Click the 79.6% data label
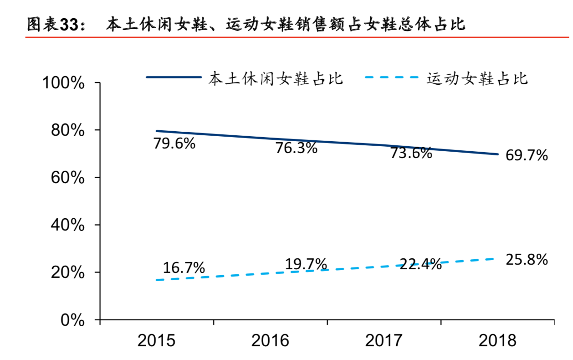click(x=174, y=144)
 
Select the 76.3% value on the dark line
click(x=296, y=148)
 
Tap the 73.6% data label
click(x=411, y=154)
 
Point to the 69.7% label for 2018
click(x=527, y=156)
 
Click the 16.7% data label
click(x=184, y=268)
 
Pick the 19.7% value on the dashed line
click(x=306, y=264)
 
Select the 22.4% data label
click(x=420, y=264)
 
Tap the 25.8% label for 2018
click(x=526, y=260)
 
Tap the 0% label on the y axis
click(x=72, y=320)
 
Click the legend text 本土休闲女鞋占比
click(x=276, y=78)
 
